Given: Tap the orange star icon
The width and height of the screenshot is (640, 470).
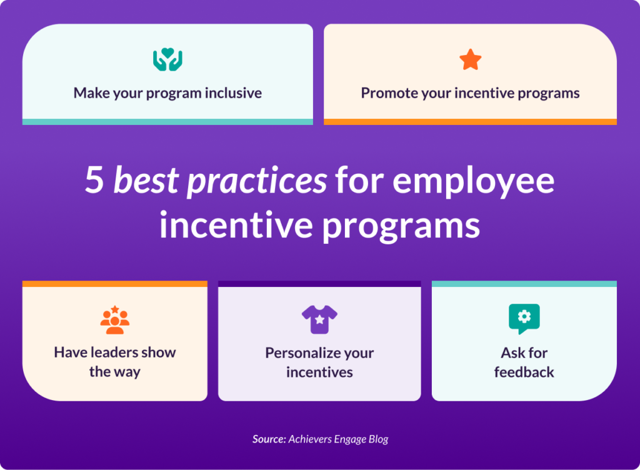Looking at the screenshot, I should pyautogui.click(x=470, y=60).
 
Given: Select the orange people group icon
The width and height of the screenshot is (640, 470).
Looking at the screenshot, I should pyautogui.click(x=114, y=319).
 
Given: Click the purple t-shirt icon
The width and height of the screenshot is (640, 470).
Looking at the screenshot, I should pyautogui.click(x=319, y=319).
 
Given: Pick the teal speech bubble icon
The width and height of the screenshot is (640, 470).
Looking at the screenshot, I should pyautogui.click(x=524, y=319).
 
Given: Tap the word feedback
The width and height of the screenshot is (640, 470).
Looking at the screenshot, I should pyautogui.click(x=524, y=372).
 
